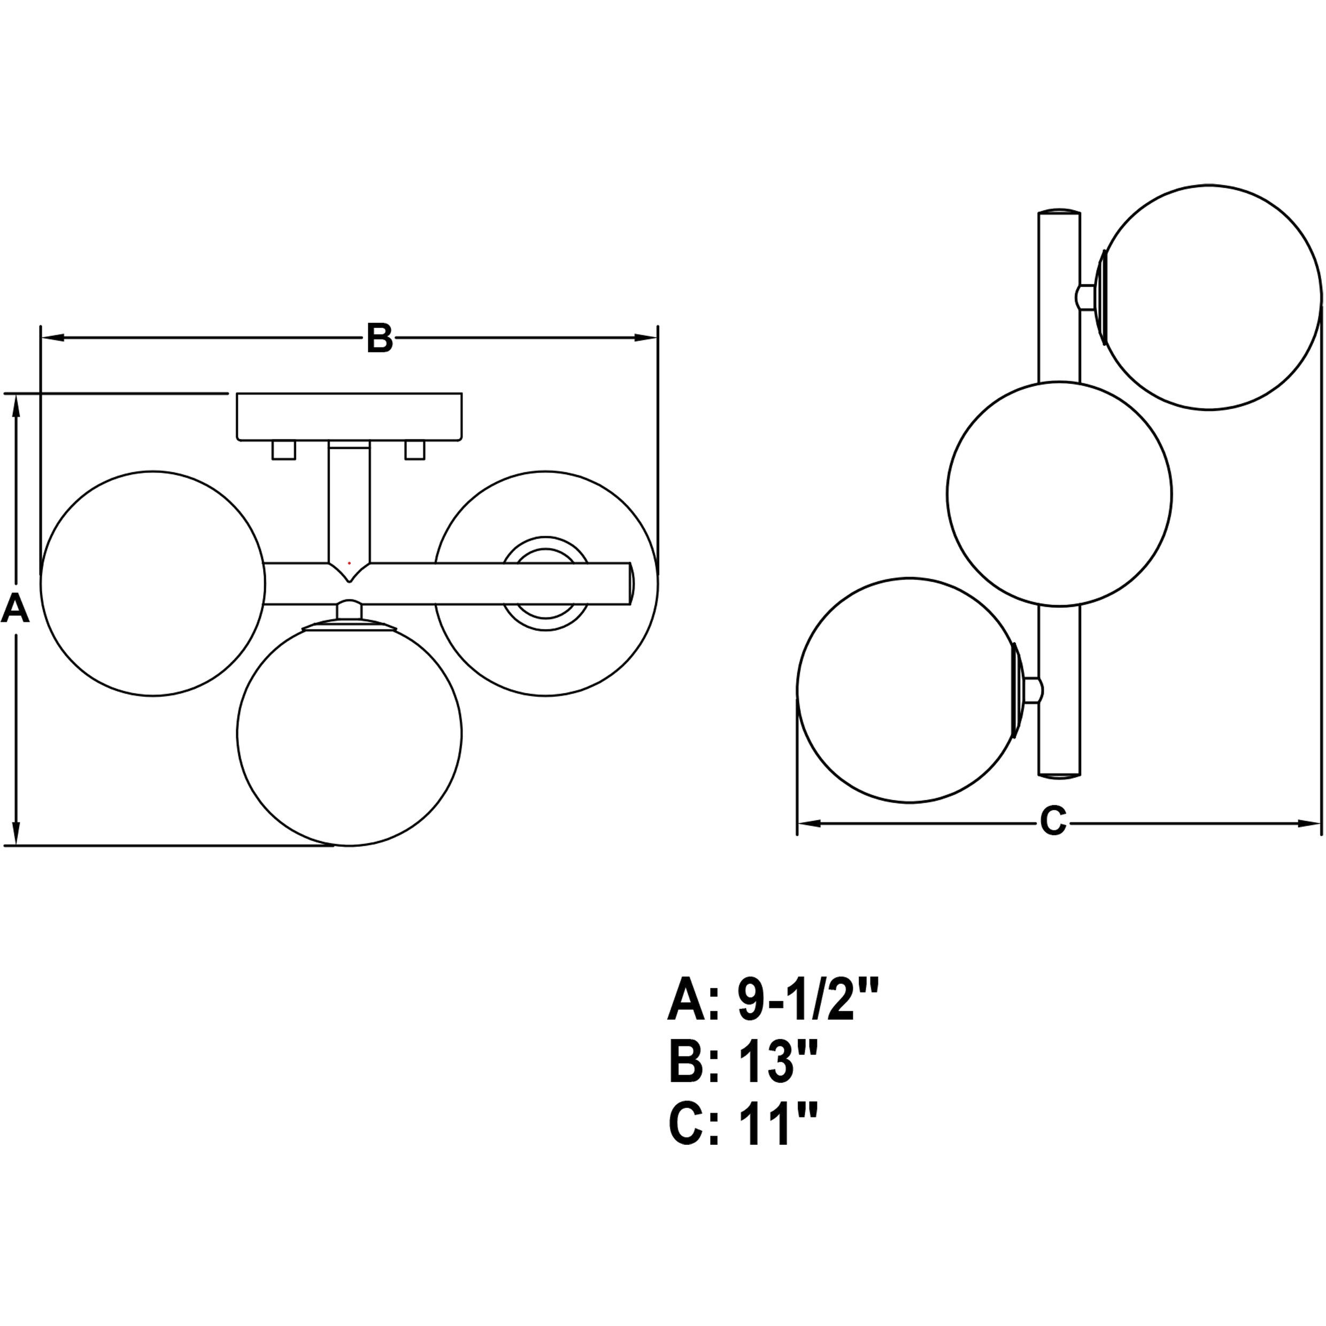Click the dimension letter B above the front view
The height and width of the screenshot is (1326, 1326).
[380, 338]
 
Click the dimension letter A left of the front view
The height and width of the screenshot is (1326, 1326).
[15, 609]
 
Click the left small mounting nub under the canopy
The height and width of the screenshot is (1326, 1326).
[283, 450]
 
